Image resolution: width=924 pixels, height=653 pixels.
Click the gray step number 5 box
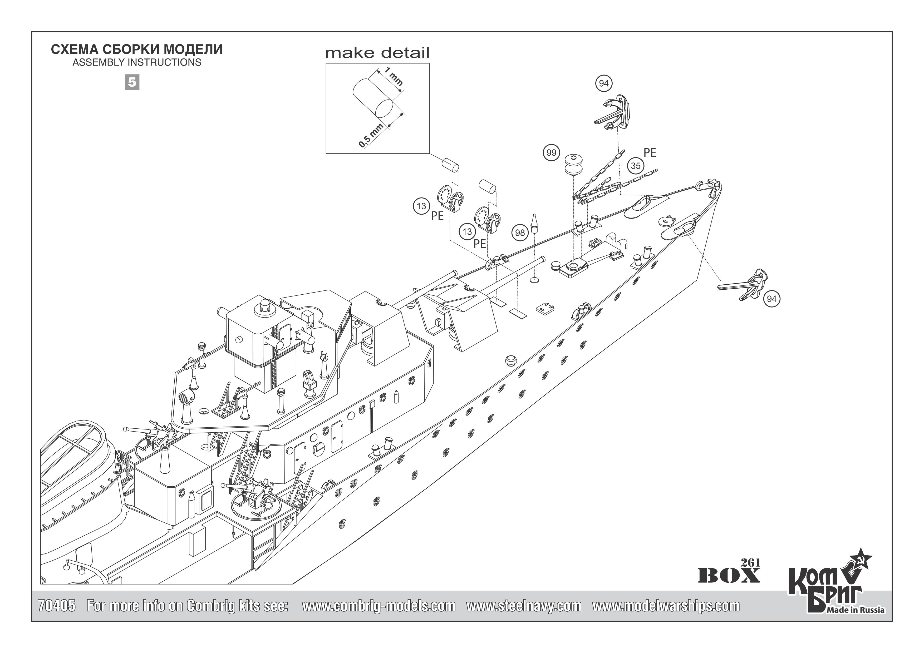coord(132,82)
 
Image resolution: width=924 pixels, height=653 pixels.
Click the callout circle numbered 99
coord(551,153)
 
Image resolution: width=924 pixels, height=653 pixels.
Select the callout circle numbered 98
coord(520,232)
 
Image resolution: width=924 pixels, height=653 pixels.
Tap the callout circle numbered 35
coord(636,166)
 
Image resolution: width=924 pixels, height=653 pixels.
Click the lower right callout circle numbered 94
coord(771,299)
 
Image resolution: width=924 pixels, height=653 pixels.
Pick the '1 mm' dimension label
coord(393,76)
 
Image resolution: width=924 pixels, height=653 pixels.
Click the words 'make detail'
coord(377,53)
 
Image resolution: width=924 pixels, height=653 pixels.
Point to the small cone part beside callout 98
coord(535,224)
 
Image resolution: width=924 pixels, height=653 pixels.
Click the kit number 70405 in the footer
coord(56,606)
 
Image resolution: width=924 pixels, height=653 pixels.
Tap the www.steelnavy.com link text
coord(524,606)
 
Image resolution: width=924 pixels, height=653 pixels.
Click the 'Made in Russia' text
coord(856,610)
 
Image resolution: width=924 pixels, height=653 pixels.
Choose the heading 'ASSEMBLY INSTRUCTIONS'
coord(137,62)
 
